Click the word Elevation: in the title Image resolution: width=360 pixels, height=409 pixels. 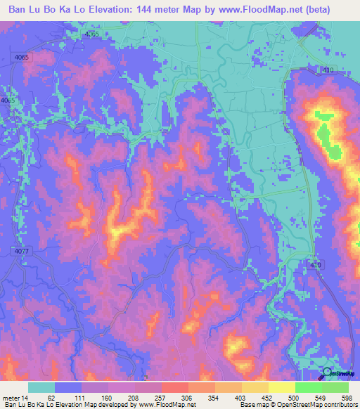click(124, 10)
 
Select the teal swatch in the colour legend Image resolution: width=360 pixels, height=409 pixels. click(41, 387)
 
